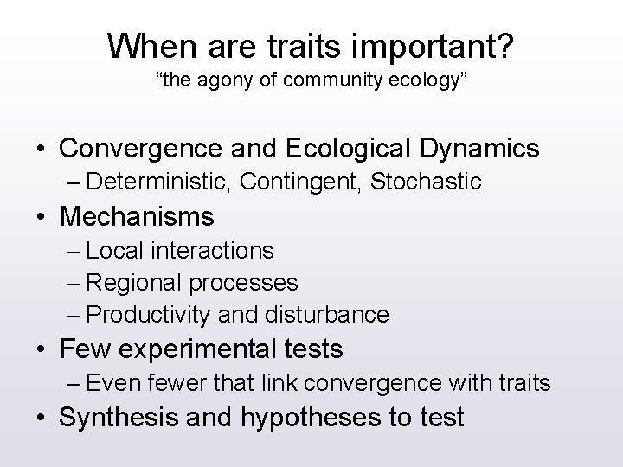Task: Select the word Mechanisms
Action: [137, 214]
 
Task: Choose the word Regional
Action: [131, 282]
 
